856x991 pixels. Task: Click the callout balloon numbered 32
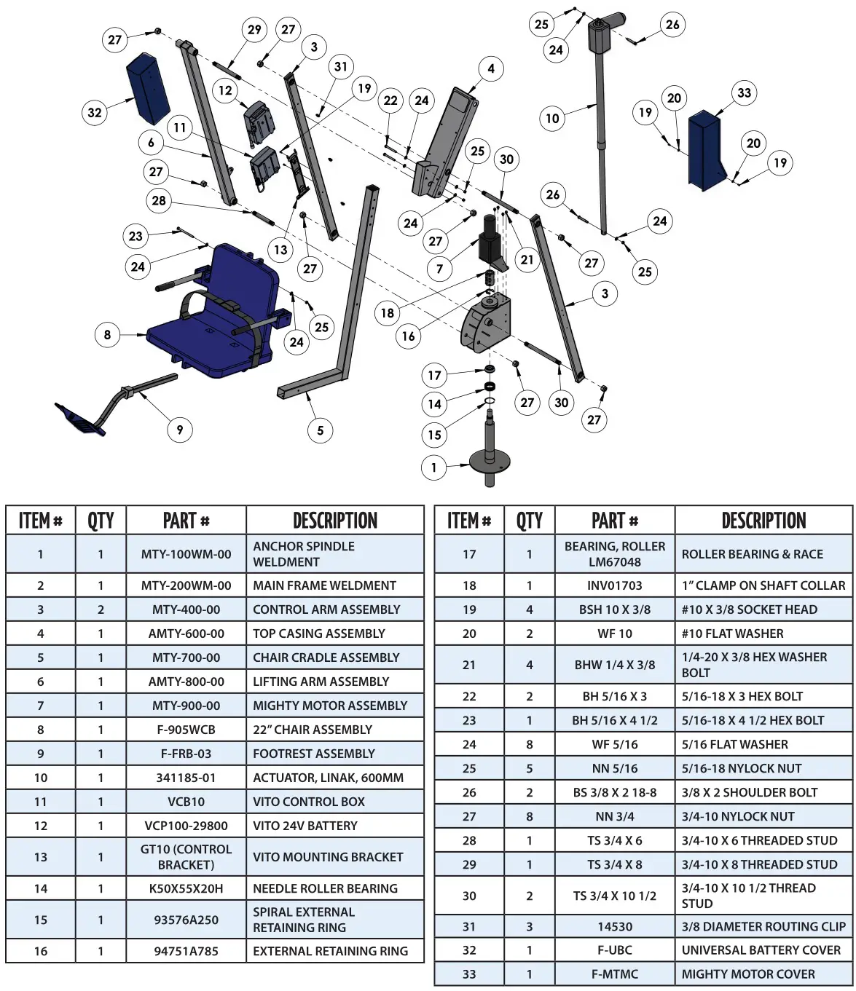pyautogui.click(x=95, y=113)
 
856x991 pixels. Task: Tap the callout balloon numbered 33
pyautogui.click(x=744, y=92)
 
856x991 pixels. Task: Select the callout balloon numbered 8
pyautogui.click(x=107, y=335)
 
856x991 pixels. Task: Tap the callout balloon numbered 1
pyautogui.click(x=434, y=467)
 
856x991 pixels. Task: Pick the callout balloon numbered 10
pyautogui.click(x=552, y=118)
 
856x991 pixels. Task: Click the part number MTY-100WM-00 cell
pyautogui.click(x=186, y=554)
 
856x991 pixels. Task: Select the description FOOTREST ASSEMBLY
pyautogui.click(x=313, y=754)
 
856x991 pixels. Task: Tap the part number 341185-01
pyautogui.click(x=186, y=778)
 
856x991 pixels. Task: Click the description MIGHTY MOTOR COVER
pyautogui.click(x=748, y=974)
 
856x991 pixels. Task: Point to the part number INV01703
pyautogui.click(x=614, y=585)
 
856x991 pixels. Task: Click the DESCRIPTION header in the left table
pyautogui.click(x=334, y=521)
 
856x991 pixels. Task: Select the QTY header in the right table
pyautogui.click(x=529, y=521)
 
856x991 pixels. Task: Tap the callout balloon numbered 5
pyautogui.click(x=320, y=430)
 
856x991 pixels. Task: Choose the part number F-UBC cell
pyautogui.click(x=614, y=950)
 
